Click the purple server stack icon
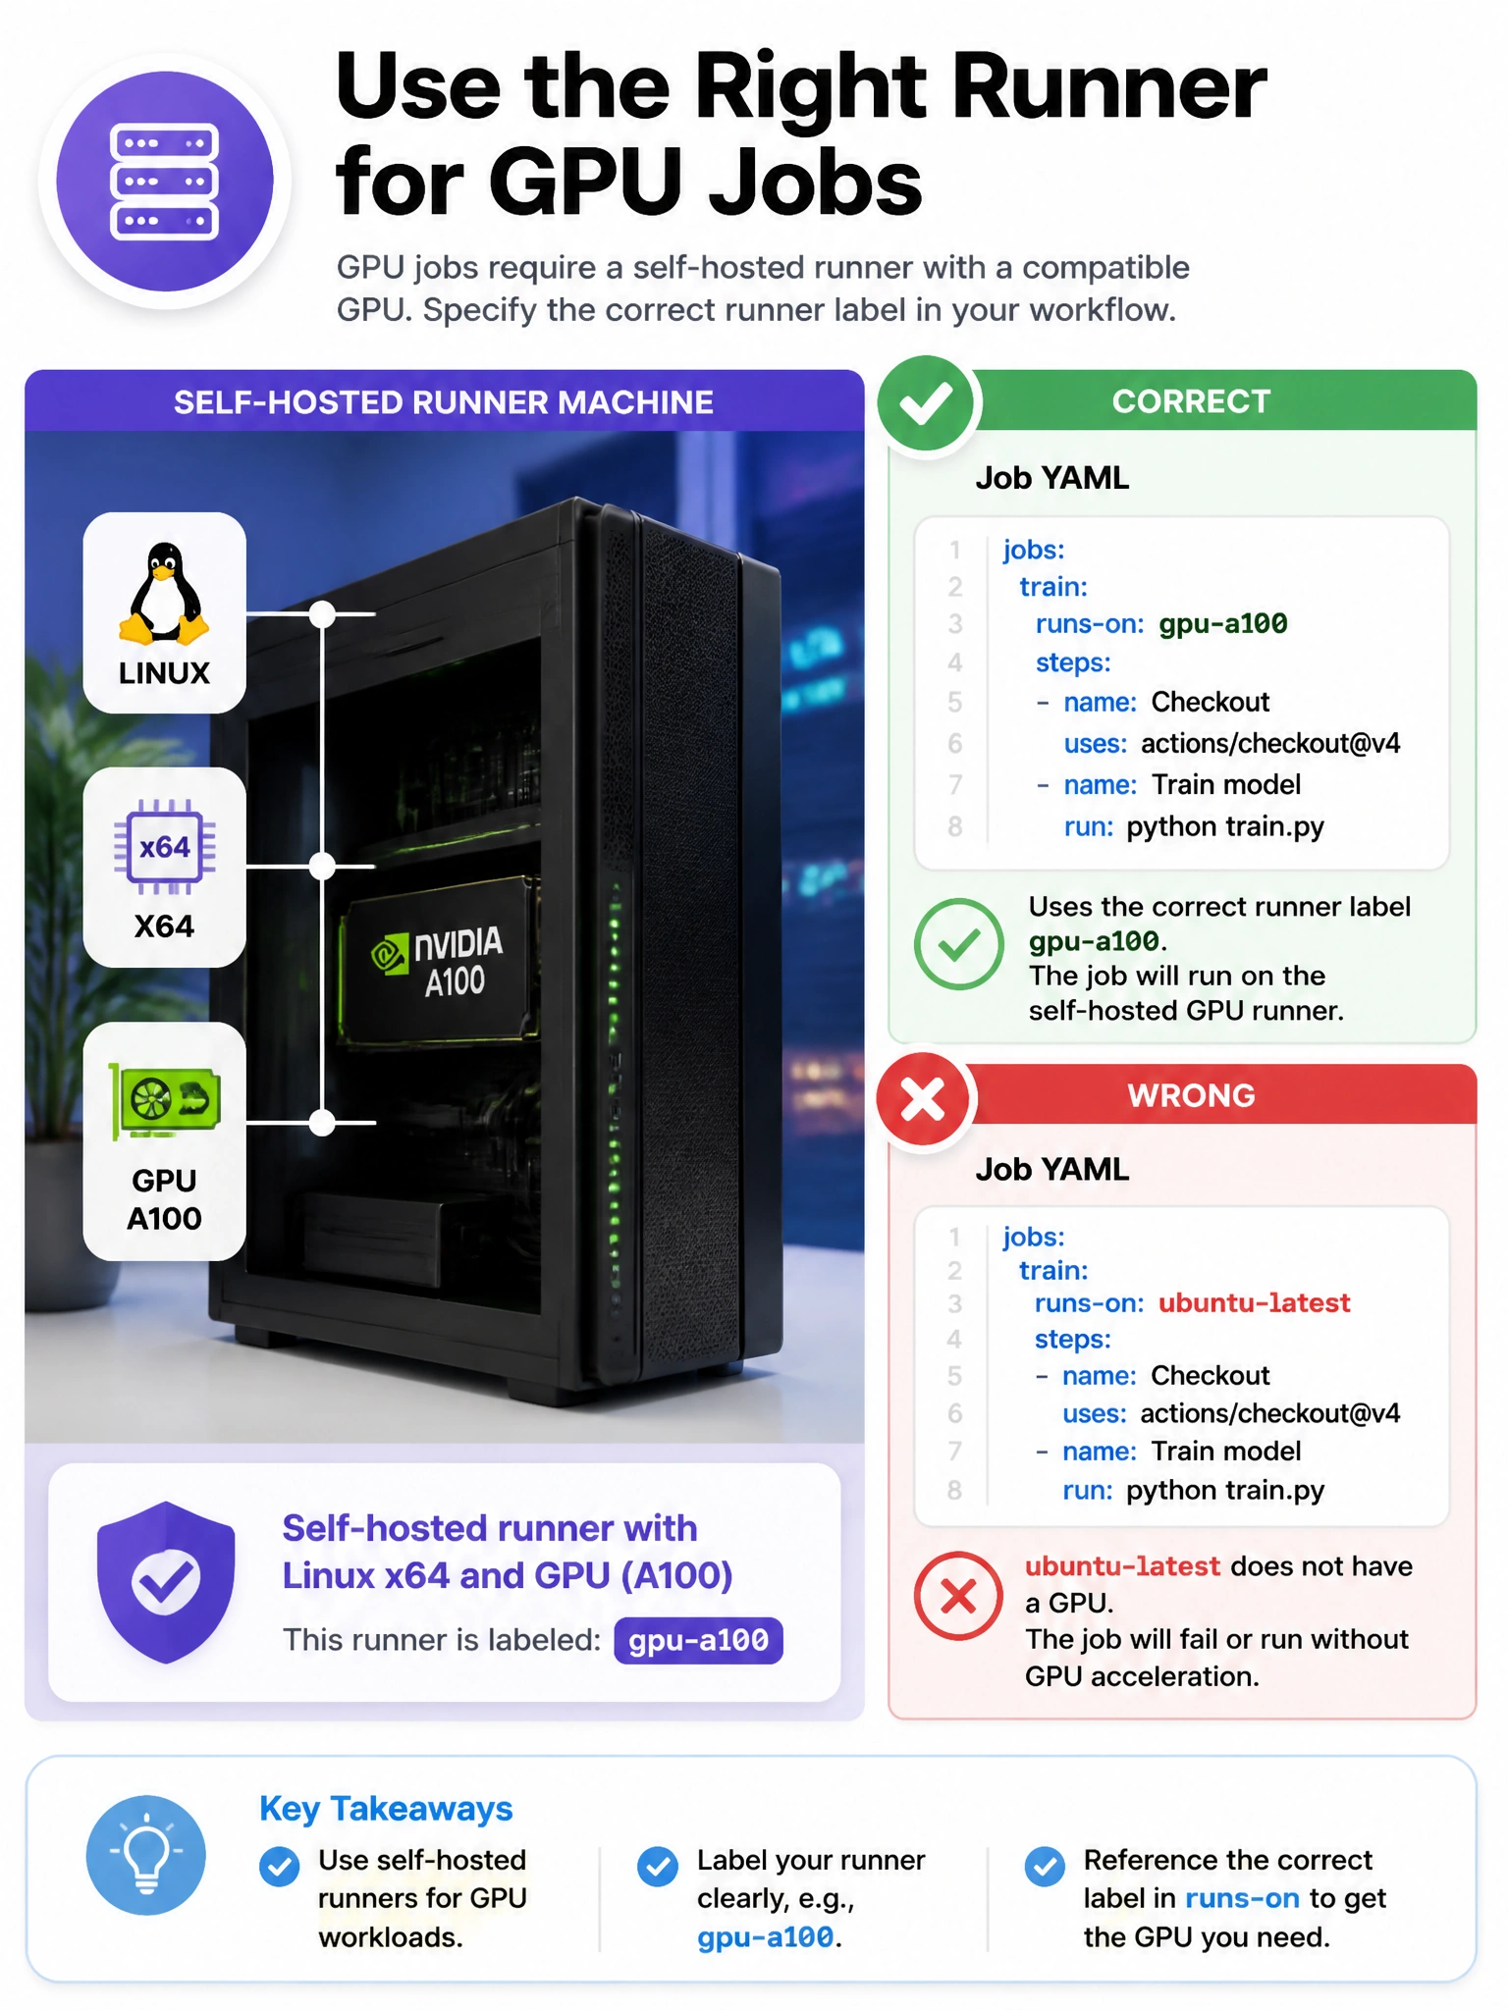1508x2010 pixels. (x=165, y=182)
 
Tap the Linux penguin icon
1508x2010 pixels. (x=164, y=595)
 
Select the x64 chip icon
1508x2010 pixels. (x=164, y=846)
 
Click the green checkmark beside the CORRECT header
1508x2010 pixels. (x=925, y=403)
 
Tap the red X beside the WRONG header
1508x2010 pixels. (x=924, y=1099)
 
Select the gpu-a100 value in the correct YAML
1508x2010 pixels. (x=1222, y=624)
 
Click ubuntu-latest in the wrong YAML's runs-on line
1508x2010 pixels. (x=1254, y=1303)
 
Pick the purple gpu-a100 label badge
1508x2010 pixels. (x=698, y=1640)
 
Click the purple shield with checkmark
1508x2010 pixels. (x=166, y=1582)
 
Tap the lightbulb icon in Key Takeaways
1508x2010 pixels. (x=146, y=1855)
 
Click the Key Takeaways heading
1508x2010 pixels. (x=386, y=1808)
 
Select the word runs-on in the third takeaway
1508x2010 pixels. (x=1242, y=1898)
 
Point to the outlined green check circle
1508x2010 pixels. (x=958, y=944)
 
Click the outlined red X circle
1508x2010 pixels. (x=958, y=1596)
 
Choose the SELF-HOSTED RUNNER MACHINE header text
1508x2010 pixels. (x=444, y=402)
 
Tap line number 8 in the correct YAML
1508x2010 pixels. (x=954, y=827)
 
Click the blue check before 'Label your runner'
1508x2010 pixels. (x=657, y=1866)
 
